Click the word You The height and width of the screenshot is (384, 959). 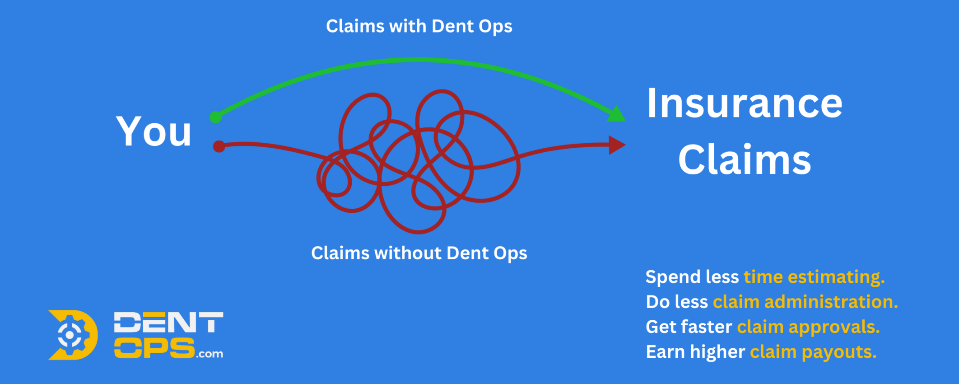[154, 131]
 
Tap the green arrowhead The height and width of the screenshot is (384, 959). [617, 113]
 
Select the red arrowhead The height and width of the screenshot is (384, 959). [617, 145]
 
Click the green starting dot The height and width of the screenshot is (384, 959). [216, 117]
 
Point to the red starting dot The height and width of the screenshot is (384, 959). [219, 146]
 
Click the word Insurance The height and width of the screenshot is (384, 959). [745, 103]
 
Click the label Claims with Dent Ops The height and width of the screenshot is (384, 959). [419, 26]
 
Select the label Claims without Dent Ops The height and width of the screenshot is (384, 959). [419, 253]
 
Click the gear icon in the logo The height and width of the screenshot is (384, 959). [70, 335]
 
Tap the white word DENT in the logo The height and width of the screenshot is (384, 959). [168, 323]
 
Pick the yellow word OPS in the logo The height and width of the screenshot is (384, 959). [154, 348]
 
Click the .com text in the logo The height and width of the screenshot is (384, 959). [209, 354]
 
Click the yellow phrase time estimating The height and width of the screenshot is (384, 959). [814, 277]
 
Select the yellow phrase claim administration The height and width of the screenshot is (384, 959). [805, 302]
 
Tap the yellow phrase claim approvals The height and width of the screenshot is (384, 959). [808, 327]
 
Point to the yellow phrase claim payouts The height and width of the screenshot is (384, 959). [813, 352]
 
